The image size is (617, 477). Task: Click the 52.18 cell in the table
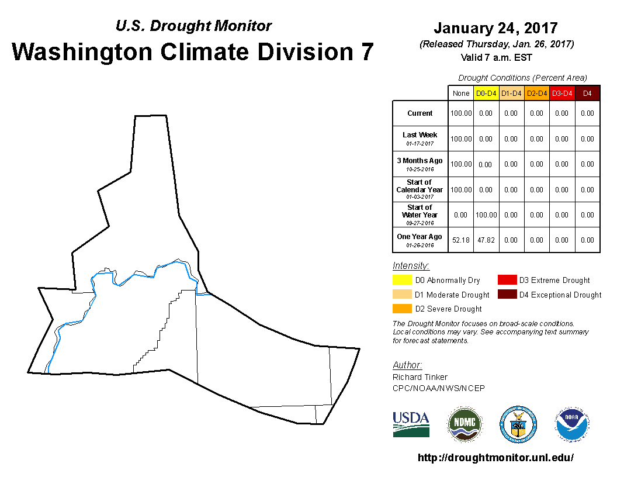(461, 240)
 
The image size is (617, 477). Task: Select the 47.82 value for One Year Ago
(486, 240)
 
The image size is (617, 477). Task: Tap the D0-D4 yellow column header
(486, 94)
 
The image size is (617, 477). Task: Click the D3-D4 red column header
(562, 94)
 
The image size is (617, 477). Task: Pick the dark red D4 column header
(587, 94)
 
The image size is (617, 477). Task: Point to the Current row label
(420, 113)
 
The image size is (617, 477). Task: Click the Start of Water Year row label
(420, 215)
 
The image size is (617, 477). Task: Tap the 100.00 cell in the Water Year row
(486, 215)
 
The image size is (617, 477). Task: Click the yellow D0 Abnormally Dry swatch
(402, 280)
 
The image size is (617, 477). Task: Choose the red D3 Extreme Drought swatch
(507, 280)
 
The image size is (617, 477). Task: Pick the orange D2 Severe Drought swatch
(402, 309)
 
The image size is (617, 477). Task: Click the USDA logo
(411, 424)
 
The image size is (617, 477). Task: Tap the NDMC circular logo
(465, 424)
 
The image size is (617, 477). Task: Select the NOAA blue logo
(572, 424)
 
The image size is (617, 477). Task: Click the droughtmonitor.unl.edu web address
(496, 457)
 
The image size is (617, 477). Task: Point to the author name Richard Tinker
(420, 377)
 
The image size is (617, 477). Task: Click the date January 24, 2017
(496, 28)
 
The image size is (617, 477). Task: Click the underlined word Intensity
(411, 265)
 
